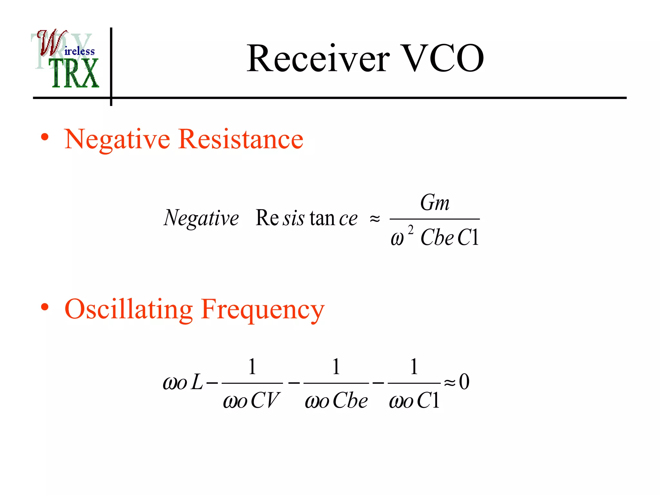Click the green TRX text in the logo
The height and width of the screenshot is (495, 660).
[75, 73]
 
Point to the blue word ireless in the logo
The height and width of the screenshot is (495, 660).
[80, 51]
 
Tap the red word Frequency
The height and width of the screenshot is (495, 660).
[262, 309]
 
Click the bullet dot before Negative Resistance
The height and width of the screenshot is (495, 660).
[45, 137]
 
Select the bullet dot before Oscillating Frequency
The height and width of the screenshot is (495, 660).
[45, 307]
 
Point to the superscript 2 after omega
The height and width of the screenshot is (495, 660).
[411, 229]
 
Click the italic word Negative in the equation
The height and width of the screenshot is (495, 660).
[201, 218]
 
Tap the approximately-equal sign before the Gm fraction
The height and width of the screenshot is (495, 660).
[374, 219]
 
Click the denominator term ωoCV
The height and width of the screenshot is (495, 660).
[251, 401]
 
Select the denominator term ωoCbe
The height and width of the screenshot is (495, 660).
[336, 401]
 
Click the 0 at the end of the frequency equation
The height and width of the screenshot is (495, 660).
[464, 382]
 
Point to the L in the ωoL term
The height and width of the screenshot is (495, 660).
[197, 383]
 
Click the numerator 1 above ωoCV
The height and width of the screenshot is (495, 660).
[252, 366]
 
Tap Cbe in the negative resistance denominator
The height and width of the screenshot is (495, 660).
[437, 238]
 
